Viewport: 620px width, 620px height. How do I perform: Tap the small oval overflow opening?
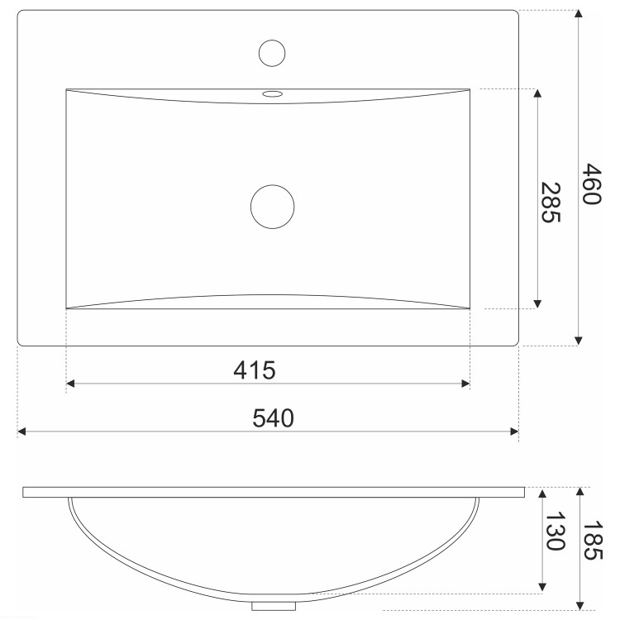[273, 93]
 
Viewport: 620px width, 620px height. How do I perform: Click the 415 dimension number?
[255, 370]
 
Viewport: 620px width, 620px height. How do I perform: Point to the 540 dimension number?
[274, 418]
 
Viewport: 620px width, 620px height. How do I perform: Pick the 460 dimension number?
[592, 184]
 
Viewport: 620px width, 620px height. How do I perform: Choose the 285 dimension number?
[551, 202]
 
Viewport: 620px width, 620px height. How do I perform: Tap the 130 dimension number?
[556, 531]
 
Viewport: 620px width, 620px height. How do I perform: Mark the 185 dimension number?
[593, 540]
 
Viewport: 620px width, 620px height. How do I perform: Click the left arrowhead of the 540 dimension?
[21, 432]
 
